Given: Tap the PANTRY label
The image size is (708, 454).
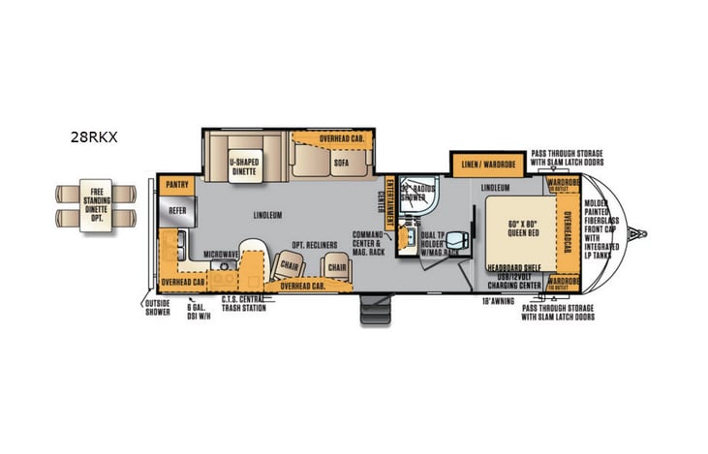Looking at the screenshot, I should pos(176,182).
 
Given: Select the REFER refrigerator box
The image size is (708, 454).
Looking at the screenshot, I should pos(177,207).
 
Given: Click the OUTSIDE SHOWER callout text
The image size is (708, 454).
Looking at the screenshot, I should pos(157,308).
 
